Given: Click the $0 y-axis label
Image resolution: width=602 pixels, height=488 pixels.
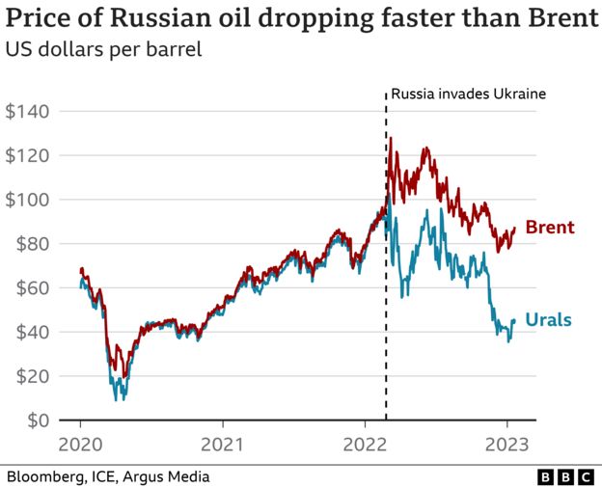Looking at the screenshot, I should point(36,420).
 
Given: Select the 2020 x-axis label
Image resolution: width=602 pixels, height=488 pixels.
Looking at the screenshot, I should point(80,446).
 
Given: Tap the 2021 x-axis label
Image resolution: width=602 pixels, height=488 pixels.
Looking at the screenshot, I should point(222,446).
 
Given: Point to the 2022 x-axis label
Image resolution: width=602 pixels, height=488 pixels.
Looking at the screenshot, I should point(364,446).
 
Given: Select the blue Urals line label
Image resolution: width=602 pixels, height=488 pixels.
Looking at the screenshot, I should point(548,320).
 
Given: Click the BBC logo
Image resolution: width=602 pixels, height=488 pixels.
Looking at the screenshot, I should point(564,476).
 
